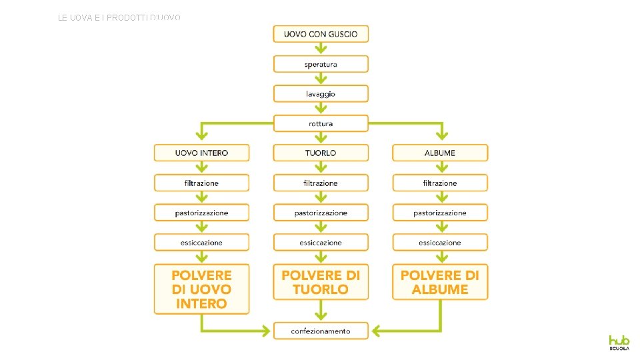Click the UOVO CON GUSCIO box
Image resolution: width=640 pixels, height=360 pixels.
321,34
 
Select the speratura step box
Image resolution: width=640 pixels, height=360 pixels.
321,64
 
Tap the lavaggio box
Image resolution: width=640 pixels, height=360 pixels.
321,94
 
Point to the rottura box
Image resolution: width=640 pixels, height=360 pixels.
321,123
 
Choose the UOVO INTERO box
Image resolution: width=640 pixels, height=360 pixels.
201,153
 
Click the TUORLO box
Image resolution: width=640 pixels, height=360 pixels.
321,153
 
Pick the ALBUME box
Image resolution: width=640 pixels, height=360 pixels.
440,153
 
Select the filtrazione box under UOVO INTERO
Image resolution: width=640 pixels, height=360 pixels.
201,183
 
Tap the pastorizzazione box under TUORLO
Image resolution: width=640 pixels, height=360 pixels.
321,213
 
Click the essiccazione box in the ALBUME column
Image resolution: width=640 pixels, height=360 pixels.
440,243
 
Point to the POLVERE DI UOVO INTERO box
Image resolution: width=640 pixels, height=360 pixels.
201,289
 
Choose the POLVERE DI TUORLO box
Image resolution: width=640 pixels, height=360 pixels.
321,282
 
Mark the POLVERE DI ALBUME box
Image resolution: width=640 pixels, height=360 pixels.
440,282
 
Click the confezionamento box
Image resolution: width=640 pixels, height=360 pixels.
321,331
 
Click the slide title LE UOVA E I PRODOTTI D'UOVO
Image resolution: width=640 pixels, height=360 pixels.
119,18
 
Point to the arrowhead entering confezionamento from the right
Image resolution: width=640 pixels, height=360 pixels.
375,331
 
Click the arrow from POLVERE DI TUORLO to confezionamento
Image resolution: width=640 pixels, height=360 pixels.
321,311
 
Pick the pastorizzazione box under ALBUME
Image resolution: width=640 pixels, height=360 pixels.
440,213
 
